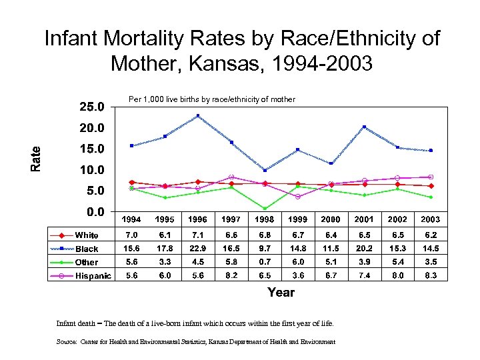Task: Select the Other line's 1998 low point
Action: pyautogui.click(x=265, y=209)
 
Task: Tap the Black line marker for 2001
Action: pyautogui.click(x=364, y=127)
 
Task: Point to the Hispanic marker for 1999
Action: pyautogui.click(x=297, y=197)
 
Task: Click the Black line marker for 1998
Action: pyautogui.click(x=265, y=171)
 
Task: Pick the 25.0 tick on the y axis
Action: pyautogui.click(x=91, y=106)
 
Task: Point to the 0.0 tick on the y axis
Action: pyautogui.click(x=91, y=212)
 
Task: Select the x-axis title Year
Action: pyautogui.click(x=281, y=293)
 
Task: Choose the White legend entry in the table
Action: pyautogui.click(x=86, y=235)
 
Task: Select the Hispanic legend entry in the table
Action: pyautogui.click(x=93, y=276)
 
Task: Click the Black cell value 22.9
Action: pyautogui.click(x=198, y=249)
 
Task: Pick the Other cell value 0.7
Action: pyautogui.click(x=265, y=262)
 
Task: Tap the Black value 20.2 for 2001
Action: pyautogui.click(x=364, y=249)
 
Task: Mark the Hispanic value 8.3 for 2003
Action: pyautogui.click(x=430, y=276)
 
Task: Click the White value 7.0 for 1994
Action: pyautogui.click(x=132, y=235)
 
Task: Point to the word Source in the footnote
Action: pyautogui.click(x=67, y=342)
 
